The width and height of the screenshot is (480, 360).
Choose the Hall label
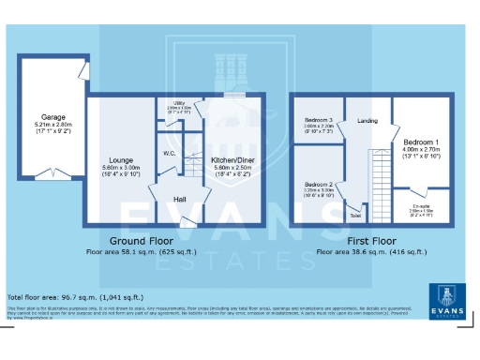[x=178, y=200]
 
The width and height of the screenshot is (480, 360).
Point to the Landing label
[x=367, y=121]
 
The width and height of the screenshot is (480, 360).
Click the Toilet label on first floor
[x=355, y=216]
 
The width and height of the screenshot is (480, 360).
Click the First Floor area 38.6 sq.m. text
[x=371, y=251]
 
